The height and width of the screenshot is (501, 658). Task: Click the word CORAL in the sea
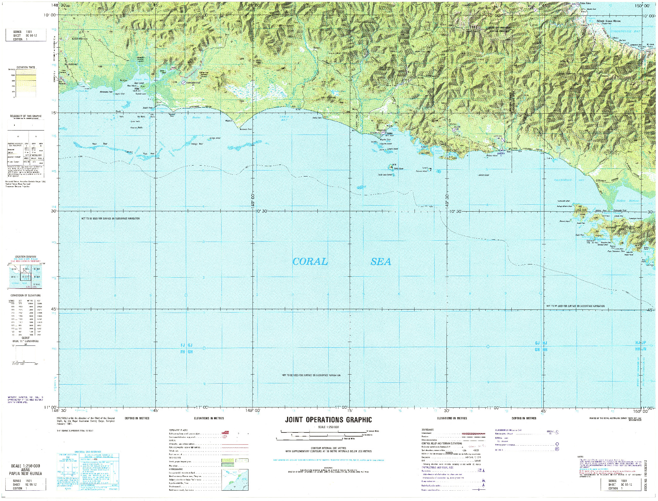click(310, 262)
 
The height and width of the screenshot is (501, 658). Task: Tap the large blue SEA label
click(381, 262)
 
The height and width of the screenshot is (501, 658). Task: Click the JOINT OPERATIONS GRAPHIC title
click(328, 420)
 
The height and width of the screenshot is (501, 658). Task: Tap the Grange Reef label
click(197, 144)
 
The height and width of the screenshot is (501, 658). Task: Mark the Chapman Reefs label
click(136, 128)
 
